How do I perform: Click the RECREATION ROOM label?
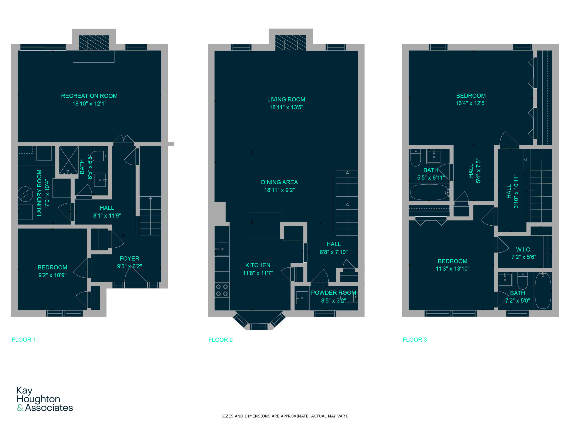click(x=89, y=96)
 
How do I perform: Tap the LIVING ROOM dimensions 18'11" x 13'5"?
click(x=286, y=107)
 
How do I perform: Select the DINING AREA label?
click(x=279, y=182)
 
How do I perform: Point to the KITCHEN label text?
click(x=258, y=265)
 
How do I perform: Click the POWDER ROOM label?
click(x=334, y=293)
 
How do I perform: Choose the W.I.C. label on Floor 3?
click(x=524, y=249)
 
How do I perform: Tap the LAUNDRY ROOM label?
click(x=39, y=193)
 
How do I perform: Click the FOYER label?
click(x=129, y=259)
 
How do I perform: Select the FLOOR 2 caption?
click(x=220, y=340)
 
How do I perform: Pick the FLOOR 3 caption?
click(x=415, y=340)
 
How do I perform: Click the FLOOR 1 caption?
click(x=24, y=340)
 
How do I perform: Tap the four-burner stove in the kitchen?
click(x=222, y=290)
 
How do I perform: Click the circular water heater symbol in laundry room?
click(x=25, y=194)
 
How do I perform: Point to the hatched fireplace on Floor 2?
click(x=290, y=43)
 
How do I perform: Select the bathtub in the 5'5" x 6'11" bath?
click(x=429, y=192)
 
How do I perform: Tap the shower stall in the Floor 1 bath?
click(x=69, y=160)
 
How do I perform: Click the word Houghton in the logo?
click(x=38, y=399)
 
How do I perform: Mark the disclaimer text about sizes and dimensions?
click(x=285, y=416)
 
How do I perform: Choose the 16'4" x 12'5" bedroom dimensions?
click(x=471, y=103)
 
